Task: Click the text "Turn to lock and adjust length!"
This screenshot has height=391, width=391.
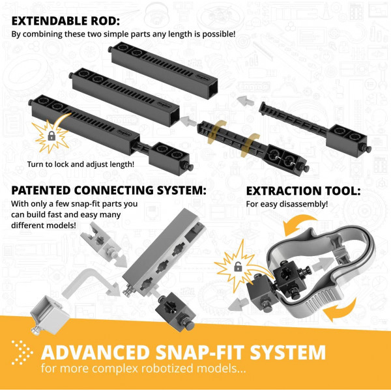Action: click(x=81, y=164)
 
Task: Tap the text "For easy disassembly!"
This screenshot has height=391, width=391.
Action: click(x=287, y=204)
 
